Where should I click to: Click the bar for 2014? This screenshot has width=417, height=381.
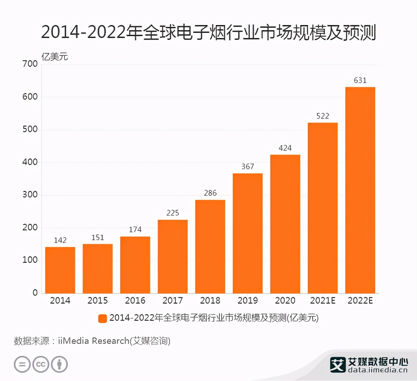click(x=60, y=270)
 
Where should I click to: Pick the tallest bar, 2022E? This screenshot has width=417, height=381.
click(x=360, y=190)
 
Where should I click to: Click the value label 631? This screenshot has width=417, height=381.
click(x=360, y=80)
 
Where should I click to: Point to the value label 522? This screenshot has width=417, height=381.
click(x=323, y=116)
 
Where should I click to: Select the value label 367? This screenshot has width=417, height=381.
click(x=248, y=167)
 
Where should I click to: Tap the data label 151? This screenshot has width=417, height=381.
click(x=98, y=238)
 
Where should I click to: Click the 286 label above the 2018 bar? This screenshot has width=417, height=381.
click(x=210, y=193)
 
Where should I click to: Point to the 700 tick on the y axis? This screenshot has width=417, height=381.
click(x=30, y=64)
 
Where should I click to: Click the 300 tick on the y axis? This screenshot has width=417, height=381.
click(x=30, y=195)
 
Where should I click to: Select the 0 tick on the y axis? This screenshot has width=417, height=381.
click(x=35, y=293)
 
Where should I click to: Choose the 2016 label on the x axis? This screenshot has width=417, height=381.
click(x=135, y=301)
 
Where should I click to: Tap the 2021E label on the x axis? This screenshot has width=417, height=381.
click(x=323, y=301)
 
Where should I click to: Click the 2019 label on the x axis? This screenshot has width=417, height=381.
click(x=248, y=301)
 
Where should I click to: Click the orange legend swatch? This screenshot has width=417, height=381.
click(x=103, y=318)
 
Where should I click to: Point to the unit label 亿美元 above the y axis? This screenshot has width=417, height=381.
click(x=54, y=57)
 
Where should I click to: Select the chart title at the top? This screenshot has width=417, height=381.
click(x=208, y=32)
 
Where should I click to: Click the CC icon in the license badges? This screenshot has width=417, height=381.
click(x=41, y=364)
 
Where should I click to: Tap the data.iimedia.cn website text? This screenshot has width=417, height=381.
click(x=377, y=370)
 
